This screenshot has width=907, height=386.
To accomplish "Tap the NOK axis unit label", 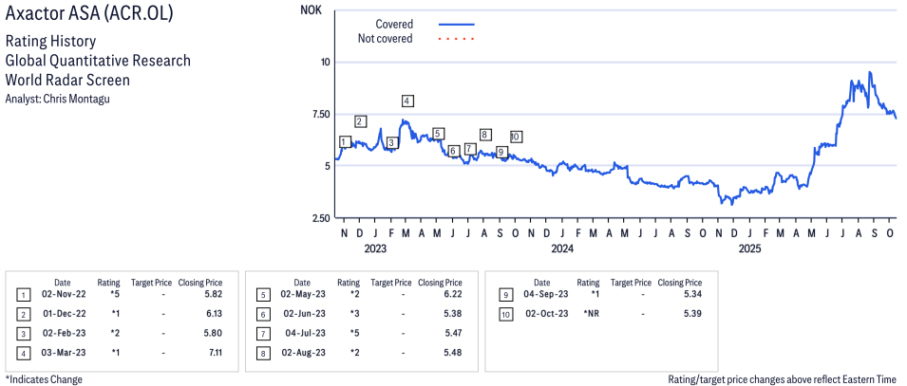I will pyautogui.click(x=312, y=10).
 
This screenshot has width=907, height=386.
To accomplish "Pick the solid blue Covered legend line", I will pyautogui.click(x=457, y=24).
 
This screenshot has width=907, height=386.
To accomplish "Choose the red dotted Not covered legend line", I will pyautogui.click(x=457, y=39).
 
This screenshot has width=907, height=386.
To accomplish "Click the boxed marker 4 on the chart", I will pyautogui.click(x=406, y=101).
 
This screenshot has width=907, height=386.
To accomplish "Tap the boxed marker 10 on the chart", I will pyautogui.click(x=516, y=137).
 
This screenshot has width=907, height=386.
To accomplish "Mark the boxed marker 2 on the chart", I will pyautogui.click(x=360, y=121).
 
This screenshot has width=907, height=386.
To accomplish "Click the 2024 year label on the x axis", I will pyautogui.click(x=562, y=250).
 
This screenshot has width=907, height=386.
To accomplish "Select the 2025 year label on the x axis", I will pyautogui.click(x=750, y=250).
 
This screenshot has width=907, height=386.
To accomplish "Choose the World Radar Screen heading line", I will pyautogui.click(x=67, y=80).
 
